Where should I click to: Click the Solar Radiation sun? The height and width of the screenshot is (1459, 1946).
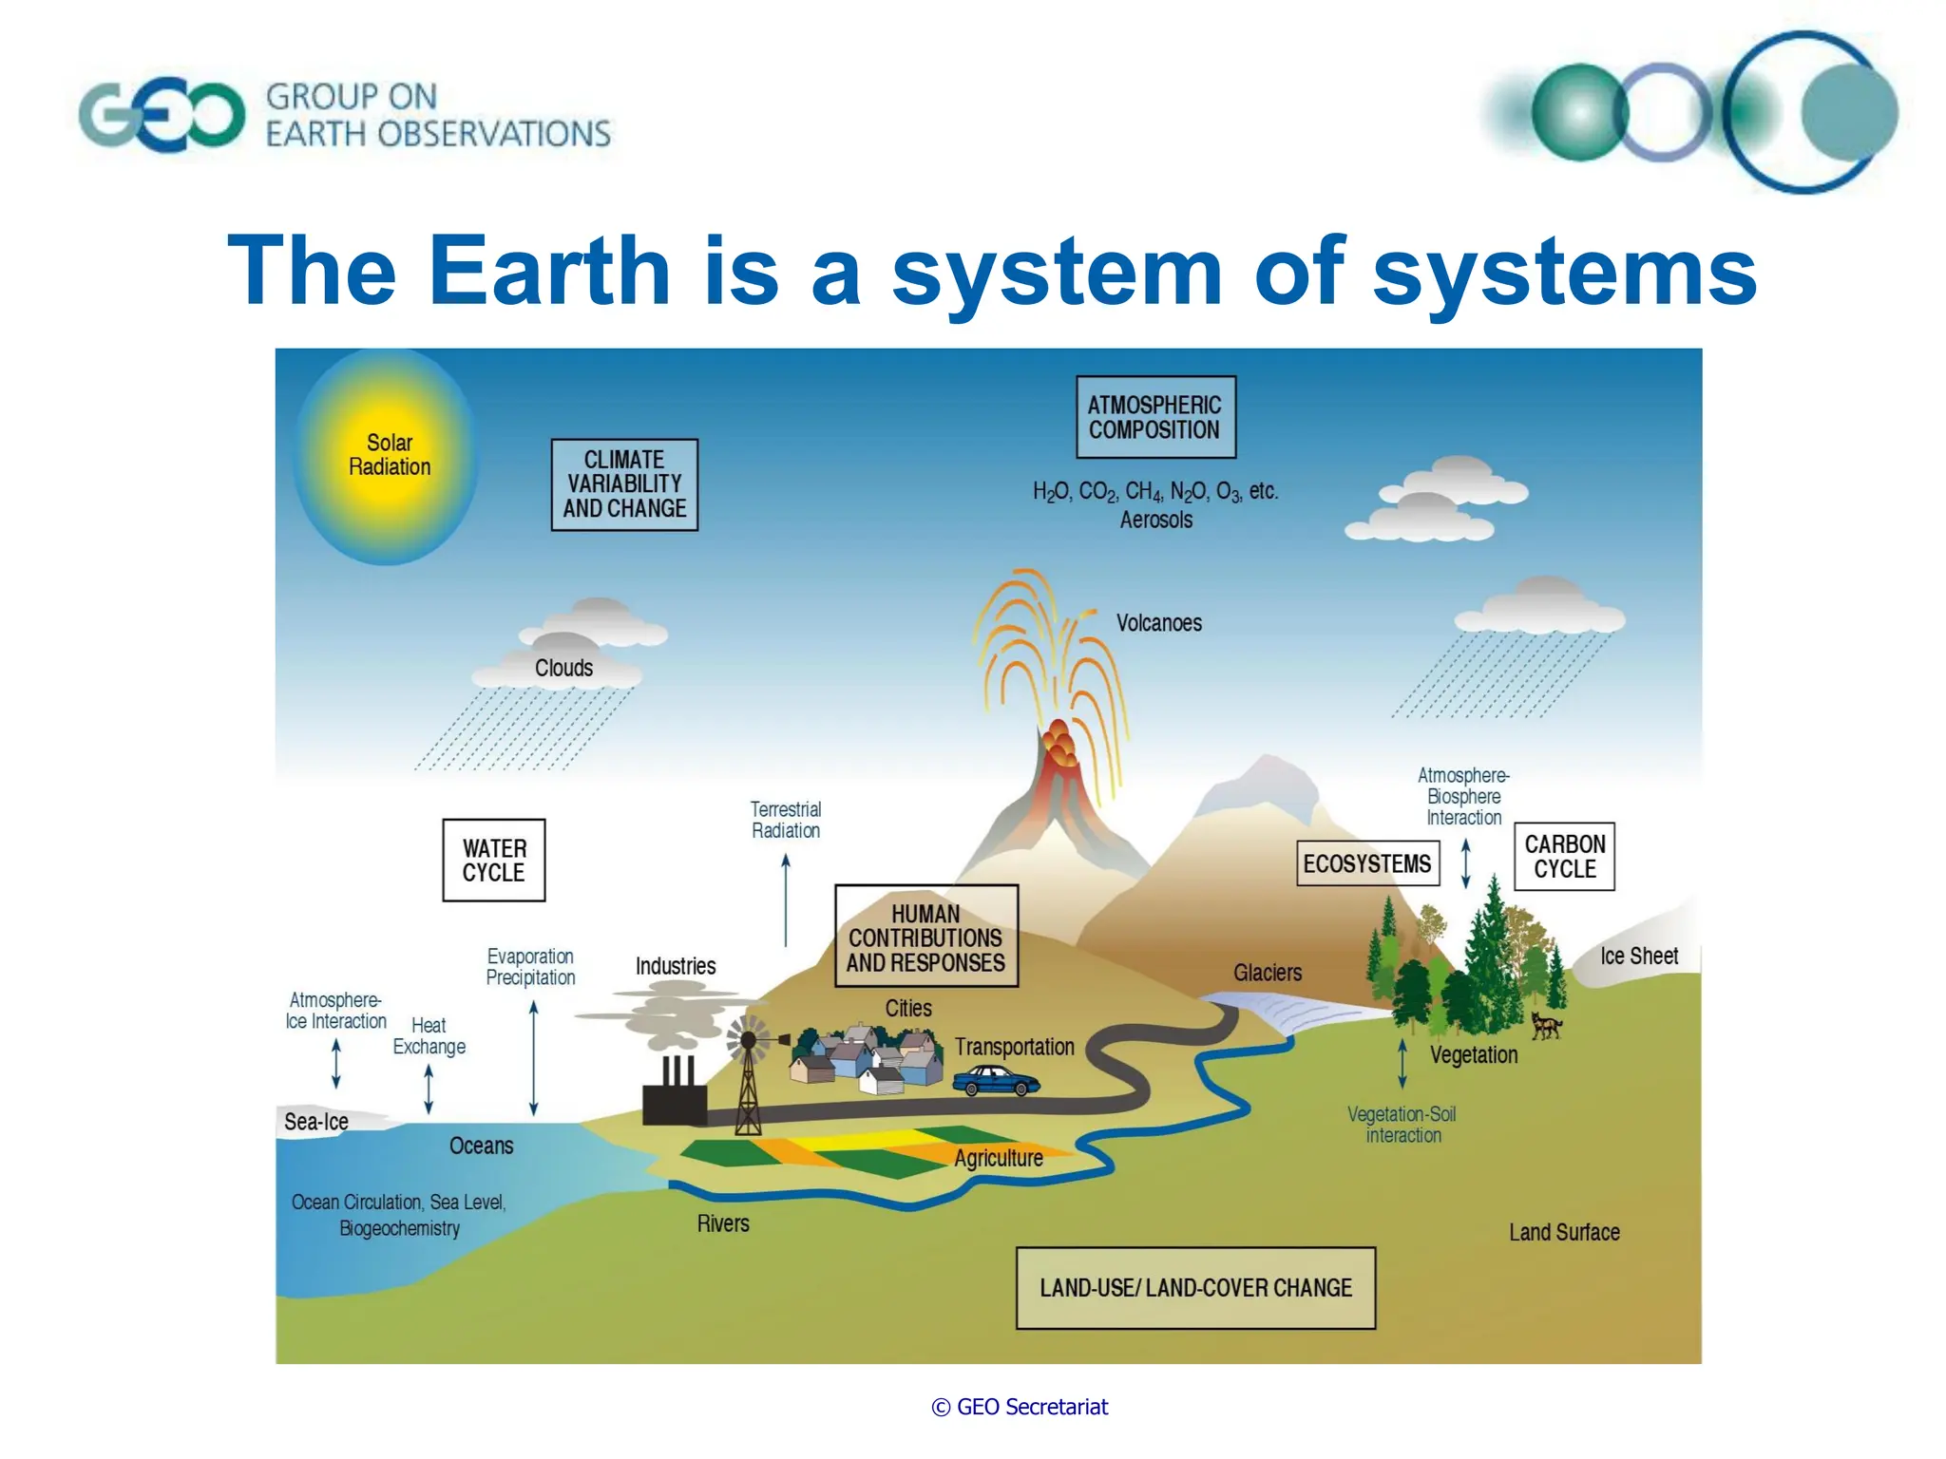click(x=388, y=456)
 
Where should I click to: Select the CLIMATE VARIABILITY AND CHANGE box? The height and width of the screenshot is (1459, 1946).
click(x=624, y=484)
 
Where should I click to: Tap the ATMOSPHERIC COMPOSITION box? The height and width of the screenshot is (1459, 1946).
click(x=1154, y=417)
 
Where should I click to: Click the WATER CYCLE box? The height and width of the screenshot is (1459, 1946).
click(x=493, y=860)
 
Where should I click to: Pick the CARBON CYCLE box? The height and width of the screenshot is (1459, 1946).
click(x=1564, y=856)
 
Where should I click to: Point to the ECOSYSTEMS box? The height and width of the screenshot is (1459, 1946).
click(x=1366, y=863)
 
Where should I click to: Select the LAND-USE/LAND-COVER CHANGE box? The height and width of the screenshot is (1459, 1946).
click(x=1195, y=1288)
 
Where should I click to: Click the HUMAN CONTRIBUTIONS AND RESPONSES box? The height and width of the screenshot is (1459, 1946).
click(x=925, y=937)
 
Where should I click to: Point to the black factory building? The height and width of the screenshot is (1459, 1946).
click(x=675, y=1102)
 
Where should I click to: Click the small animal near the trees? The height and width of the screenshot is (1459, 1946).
click(x=1546, y=1026)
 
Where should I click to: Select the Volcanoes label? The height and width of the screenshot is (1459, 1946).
click(x=1158, y=623)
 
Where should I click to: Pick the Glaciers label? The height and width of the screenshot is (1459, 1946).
click(x=1268, y=973)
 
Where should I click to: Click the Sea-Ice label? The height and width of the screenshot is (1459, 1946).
click(x=316, y=1122)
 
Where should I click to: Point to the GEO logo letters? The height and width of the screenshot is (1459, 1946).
click(x=162, y=116)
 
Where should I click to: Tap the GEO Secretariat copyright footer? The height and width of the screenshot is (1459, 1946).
click(x=1020, y=1407)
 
